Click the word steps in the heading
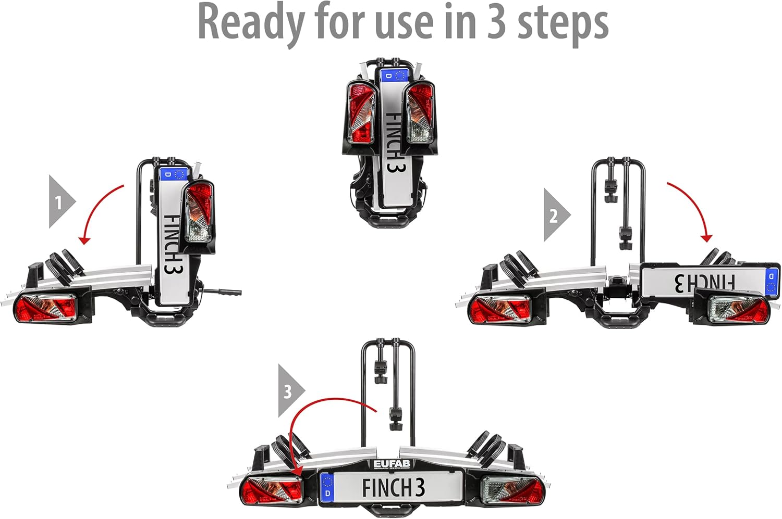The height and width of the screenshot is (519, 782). tap(563, 23)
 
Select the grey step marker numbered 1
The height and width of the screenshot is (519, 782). tap(60, 201)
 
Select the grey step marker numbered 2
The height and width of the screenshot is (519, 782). tap(555, 215)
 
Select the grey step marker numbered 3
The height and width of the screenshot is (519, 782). tap(289, 390)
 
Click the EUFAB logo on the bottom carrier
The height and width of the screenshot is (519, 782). tap(392, 464)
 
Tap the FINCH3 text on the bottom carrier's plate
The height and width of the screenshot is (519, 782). tap(394, 488)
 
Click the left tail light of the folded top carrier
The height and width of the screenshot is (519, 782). tap(361, 113)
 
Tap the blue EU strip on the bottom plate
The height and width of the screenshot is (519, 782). tap(327, 487)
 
